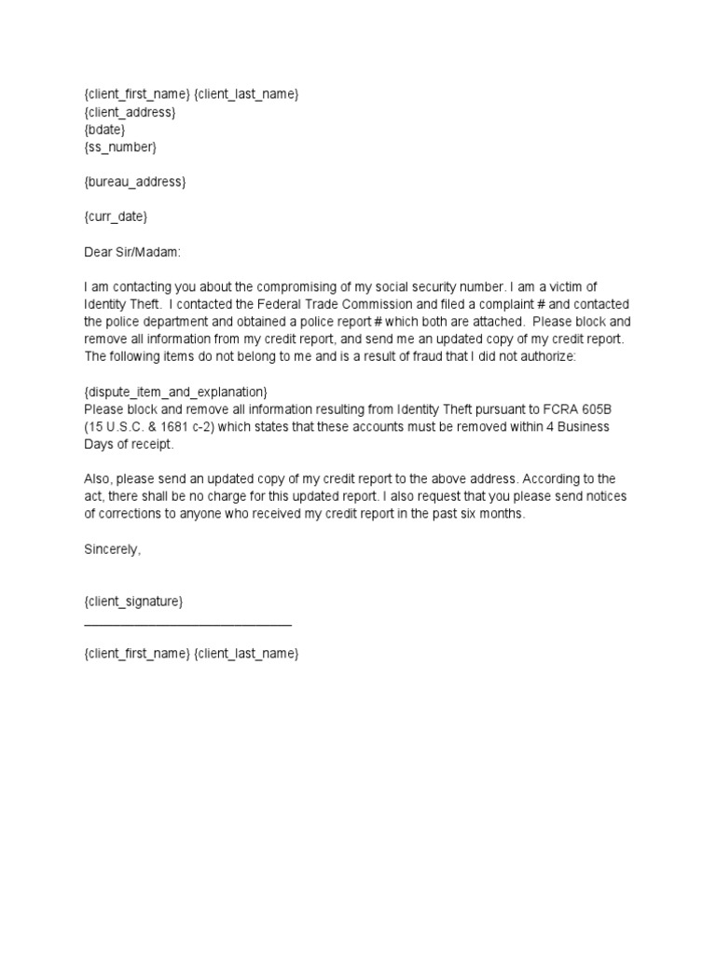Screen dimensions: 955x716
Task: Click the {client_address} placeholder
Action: click(x=130, y=112)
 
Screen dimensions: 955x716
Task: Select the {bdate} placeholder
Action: click(x=104, y=130)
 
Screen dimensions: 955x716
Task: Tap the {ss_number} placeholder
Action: click(x=120, y=146)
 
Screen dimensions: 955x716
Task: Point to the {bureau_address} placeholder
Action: click(x=135, y=182)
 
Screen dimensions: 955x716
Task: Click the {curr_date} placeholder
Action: click(x=116, y=216)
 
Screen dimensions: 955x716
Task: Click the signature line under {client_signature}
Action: click(x=187, y=623)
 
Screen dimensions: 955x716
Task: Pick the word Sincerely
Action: click(x=111, y=549)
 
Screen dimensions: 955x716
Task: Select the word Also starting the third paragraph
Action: click(x=98, y=479)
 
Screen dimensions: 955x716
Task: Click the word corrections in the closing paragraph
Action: click(x=137, y=514)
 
